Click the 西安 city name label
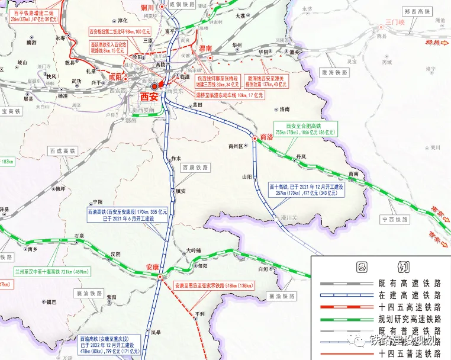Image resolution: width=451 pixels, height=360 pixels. [149, 97]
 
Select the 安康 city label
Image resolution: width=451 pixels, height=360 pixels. [153, 267]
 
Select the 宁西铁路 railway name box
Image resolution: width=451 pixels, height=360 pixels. [395, 220]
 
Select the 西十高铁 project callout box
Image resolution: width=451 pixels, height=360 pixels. [306, 189]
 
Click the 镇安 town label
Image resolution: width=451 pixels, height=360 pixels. [181, 191]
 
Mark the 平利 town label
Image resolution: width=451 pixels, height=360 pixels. [199, 313]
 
